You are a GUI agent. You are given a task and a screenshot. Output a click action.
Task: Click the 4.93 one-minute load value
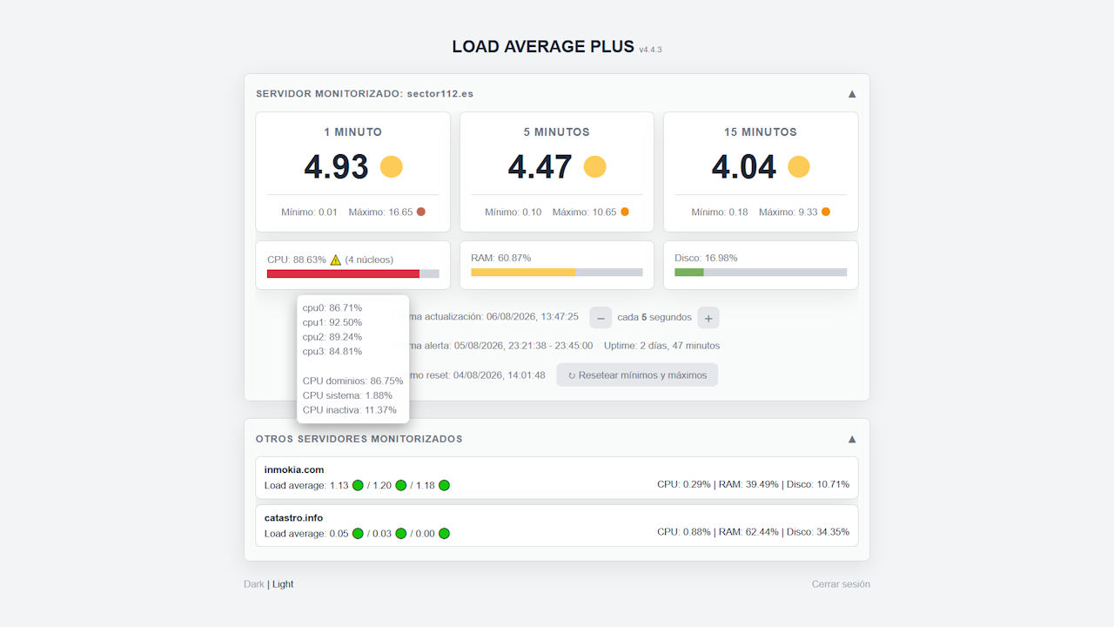(336, 166)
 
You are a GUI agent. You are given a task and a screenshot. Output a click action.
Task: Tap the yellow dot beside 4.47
(594, 166)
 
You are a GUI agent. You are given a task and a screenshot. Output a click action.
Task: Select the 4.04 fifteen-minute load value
(743, 166)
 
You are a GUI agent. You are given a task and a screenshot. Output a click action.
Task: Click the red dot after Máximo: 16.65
(420, 212)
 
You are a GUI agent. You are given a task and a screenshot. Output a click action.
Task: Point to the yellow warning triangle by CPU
(336, 260)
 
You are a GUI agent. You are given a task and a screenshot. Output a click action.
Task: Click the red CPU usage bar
(343, 273)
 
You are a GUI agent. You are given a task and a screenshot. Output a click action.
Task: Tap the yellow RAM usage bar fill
(523, 273)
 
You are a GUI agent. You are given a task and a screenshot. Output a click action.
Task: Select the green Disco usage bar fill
(688, 273)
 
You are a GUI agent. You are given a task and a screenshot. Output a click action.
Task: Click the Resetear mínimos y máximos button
(637, 374)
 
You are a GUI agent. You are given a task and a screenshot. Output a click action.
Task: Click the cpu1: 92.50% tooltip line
(332, 322)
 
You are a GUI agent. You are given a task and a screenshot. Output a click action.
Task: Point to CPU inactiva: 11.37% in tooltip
(350, 410)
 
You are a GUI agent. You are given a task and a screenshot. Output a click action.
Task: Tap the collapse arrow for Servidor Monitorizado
(852, 94)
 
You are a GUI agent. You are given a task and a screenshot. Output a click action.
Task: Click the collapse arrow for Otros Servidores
(852, 440)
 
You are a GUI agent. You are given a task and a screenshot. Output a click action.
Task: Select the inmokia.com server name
(294, 469)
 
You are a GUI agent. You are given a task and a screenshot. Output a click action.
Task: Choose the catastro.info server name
(293, 518)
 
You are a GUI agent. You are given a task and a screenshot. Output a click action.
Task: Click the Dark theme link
(253, 584)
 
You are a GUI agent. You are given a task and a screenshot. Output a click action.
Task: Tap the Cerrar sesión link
(841, 584)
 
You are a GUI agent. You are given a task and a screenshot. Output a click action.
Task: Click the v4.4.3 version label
(650, 50)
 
